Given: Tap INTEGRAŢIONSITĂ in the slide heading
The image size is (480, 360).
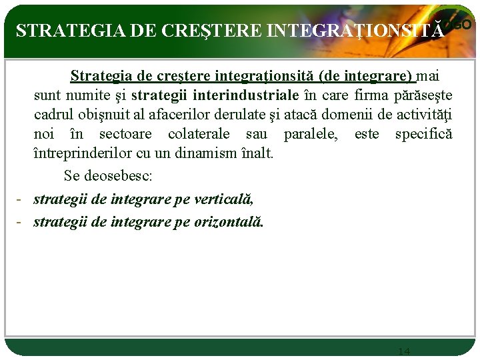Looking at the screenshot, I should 355,31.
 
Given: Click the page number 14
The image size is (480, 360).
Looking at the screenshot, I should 404,351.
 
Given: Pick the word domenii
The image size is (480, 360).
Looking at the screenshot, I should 341,115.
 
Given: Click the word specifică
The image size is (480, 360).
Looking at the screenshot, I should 423,134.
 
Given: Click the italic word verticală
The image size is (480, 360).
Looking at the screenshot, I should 223,199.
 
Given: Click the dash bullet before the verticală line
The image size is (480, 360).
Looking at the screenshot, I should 20,199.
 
